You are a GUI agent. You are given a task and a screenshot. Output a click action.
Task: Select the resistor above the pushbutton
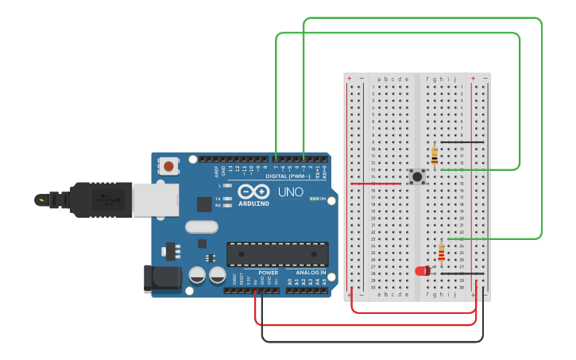(x=435, y=156)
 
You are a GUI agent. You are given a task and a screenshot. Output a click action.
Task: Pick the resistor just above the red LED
(x=442, y=253)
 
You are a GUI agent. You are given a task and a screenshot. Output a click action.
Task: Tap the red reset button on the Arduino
(x=169, y=166)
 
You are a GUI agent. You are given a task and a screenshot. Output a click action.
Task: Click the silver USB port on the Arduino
(x=155, y=200)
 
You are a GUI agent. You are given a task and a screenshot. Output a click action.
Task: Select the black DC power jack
(x=157, y=278)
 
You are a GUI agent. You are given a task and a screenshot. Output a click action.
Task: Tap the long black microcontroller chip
(x=277, y=254)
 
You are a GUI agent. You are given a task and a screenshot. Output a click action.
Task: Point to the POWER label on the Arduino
(x=268, y=273)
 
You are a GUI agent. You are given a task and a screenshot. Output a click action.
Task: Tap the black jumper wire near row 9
(x=462, y=142)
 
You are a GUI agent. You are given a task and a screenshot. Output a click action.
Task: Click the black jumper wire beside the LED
(x=462, y=273)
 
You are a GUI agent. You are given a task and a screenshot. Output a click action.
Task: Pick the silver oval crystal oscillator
(x=202, y=226)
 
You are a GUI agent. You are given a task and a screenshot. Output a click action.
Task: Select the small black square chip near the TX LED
(x=204, y=203)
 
